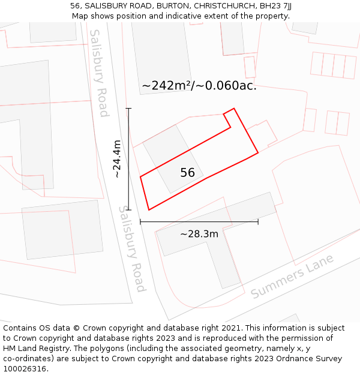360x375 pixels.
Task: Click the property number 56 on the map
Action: [x=188, y=173]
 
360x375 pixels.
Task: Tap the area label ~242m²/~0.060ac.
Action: [x=199, y=86]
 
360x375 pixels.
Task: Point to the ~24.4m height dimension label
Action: [x=118, y=159]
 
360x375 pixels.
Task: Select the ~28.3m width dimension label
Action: [x=199, y=233]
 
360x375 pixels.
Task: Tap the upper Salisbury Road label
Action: [x=99, y=73]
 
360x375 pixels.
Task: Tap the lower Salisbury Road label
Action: [x=132, y=249]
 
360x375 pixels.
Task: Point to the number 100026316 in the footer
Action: [x=25, y=369]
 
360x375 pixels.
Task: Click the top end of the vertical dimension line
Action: [x=128, y=109]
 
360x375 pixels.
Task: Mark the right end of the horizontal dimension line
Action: [x=258, y=222]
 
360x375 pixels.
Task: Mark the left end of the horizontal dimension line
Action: [x=140, y=222]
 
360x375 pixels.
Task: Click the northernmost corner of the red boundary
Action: [x=234, y=109]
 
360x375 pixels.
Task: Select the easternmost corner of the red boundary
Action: [x=258, y=153]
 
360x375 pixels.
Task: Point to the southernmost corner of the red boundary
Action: [x=148, y=210]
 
